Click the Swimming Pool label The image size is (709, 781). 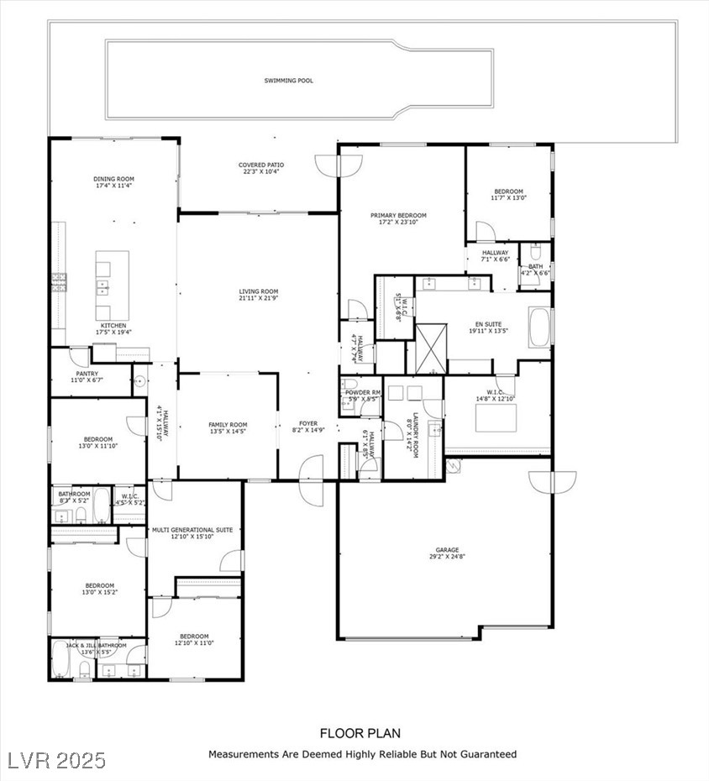(x=289, y=81)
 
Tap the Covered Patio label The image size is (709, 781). (x=261, y=165)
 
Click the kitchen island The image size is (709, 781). (x=113, y=275)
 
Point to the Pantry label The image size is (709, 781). (x=87, y=374)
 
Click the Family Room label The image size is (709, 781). (x=228, y=425)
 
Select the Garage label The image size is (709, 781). (x=447, y=550)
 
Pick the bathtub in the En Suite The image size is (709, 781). (x=538, y=327)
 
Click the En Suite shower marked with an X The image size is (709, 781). (x=430, y=346)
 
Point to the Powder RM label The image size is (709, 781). (x=365, y=393)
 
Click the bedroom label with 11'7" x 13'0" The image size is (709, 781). (x=508, y=191)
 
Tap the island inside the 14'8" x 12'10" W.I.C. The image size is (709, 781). (x=496, y=417)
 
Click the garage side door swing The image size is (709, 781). (x=552, y=482)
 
